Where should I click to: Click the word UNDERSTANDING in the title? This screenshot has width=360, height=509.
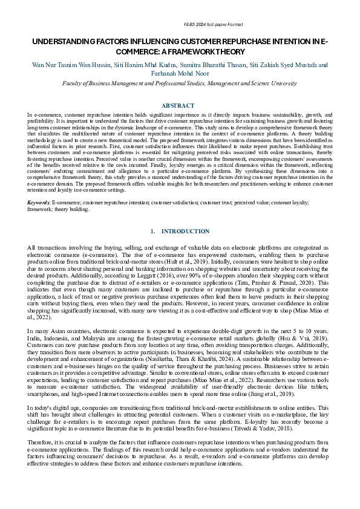[64, 42]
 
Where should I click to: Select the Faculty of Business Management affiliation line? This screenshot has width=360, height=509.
[180, 87]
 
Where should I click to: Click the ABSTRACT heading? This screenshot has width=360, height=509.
[179, 105]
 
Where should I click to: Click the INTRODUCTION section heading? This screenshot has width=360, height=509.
[186, 232]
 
